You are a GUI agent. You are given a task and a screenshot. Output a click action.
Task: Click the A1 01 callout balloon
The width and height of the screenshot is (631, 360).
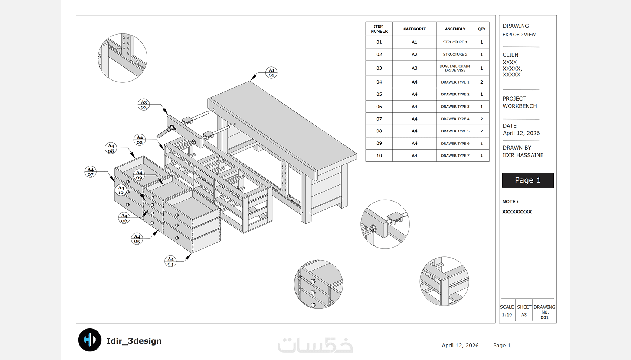pos(271,73)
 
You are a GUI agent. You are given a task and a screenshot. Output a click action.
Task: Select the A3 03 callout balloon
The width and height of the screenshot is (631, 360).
pos(144,105)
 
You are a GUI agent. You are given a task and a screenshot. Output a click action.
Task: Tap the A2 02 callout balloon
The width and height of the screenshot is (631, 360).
pos(140,140)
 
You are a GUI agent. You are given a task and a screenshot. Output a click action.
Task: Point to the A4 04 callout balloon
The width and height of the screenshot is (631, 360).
pos(170,261)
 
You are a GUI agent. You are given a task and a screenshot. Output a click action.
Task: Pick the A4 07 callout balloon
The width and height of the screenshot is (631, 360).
pos(91,172)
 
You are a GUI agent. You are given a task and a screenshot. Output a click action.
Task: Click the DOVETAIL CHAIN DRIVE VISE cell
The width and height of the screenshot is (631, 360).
pos(455,68)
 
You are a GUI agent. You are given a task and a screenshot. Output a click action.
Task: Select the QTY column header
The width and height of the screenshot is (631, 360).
pos(481,29)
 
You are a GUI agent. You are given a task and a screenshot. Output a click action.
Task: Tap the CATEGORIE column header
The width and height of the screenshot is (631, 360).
pos(414,29)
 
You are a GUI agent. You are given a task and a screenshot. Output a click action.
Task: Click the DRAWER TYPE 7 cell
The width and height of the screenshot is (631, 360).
pos(455,156)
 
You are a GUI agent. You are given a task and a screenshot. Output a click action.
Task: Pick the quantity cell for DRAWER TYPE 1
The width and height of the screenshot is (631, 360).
pos(481,82)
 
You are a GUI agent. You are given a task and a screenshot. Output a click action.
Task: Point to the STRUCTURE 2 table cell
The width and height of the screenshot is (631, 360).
pos(455,55)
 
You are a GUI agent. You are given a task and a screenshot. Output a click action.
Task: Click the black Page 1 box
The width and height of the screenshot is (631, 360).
pos(527,180)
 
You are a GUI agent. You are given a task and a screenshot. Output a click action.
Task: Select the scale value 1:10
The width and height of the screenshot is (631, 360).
pos(507,315)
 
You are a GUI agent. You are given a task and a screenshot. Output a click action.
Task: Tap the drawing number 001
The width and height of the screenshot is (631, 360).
pos(545,318)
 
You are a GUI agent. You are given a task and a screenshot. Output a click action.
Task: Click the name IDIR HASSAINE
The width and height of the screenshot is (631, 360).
pos(523,155)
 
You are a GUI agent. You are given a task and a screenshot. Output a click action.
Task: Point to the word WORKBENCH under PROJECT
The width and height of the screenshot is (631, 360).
pos(520,106)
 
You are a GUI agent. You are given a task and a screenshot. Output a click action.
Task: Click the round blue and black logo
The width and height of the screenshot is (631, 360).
pos(90,340)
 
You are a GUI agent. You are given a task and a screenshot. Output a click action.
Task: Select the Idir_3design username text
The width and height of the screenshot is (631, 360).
pos(134,341)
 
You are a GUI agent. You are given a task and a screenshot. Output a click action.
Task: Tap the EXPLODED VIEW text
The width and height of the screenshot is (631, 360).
pos(519,35)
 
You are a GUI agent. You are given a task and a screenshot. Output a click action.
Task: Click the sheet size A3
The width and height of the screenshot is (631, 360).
pos(524,315)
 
